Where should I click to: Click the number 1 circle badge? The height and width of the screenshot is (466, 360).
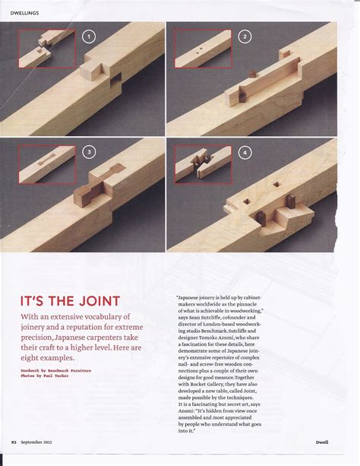tap(89, 36)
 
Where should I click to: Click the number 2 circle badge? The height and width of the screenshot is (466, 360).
tap(245, 36)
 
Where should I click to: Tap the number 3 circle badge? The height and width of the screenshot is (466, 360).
tap(89, 152)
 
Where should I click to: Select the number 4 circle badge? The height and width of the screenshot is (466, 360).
tap(245, 152)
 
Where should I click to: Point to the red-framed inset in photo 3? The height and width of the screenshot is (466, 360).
tap(48, 163)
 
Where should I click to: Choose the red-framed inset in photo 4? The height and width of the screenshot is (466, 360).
tap(203, 163)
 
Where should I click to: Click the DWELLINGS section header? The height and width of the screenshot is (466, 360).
tap(26, 13)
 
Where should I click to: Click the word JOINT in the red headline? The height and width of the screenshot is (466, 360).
tap(94, 300)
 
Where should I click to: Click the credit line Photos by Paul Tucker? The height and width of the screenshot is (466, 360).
tap(46, 376)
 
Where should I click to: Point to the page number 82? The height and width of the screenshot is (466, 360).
tap(14, 440)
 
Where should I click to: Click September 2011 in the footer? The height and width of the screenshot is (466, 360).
tap(37, 440)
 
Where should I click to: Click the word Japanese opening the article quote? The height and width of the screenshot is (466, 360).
tap(191, 298)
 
